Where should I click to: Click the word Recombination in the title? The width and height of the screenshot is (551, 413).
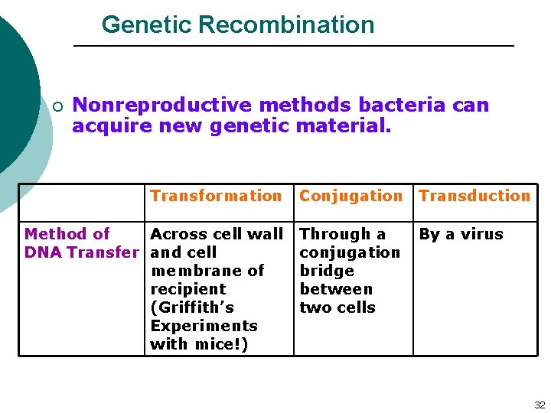[x=286, y=24]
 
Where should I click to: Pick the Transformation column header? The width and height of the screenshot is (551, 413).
[x=216, y=196]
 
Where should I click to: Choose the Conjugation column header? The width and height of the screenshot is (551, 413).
[x=350, y=196]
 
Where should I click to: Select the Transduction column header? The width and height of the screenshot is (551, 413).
[x=474, y=196]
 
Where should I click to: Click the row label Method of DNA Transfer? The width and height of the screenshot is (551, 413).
[x=81, y=243]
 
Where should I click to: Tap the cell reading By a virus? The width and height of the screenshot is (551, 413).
[x=461, y=234]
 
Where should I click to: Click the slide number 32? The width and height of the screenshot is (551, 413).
[x=539, y=405]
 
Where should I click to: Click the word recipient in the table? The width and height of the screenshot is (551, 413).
[x=188, y=289]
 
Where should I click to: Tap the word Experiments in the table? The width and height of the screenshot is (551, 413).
[x=204, y=326]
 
